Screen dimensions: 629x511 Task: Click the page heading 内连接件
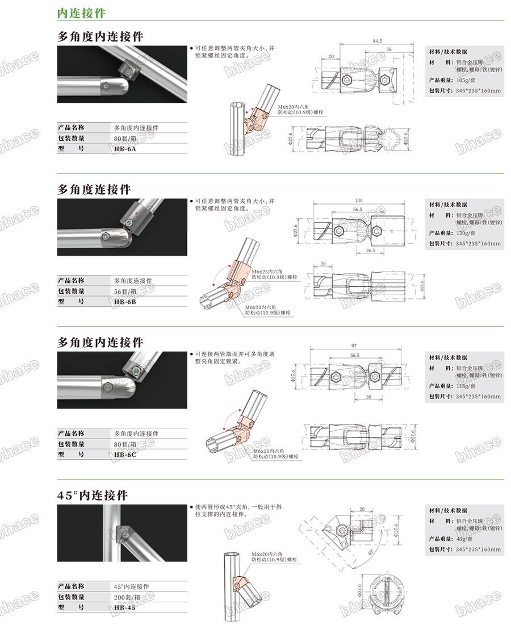click(81, 12)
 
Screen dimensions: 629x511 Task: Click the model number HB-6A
click(125, 149)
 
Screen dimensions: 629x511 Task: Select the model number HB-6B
click(125, 302)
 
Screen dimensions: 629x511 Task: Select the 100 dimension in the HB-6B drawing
click(358, 201)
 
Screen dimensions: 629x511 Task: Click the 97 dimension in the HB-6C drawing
click(354, 346)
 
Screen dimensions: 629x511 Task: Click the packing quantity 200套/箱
click(129, 597)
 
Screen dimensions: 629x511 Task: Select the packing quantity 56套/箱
click(127, 291)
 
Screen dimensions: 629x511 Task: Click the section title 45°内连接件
click(93, 495)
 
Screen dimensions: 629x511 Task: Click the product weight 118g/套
click(468, 385)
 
